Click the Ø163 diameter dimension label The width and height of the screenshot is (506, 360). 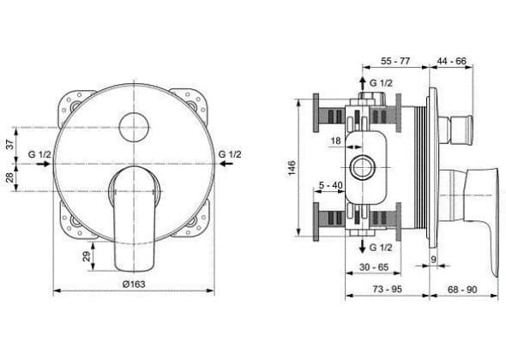pyautogui.click(x=134, y=285)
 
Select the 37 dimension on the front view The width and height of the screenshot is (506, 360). pyautogui.click(x=10, y=144)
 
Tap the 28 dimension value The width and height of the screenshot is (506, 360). pyautogui.click(x=10, y=177)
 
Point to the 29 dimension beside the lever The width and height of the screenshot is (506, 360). pyautogui.click(x=87, y=256)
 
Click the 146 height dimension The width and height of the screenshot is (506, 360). pyautogui.click(x=292, y=168)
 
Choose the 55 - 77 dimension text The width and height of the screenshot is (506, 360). pyautogui.click(x=395, y=61)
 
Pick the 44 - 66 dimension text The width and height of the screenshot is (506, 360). pyautogui.click(x=451, y=61)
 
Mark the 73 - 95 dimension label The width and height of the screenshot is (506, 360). pyautogui.click(x=388, y=290)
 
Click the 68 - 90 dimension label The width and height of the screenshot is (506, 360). pyautogui.click(x=462, y=290)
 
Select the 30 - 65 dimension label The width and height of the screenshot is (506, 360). pyautogui.click(x=374, y=267)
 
